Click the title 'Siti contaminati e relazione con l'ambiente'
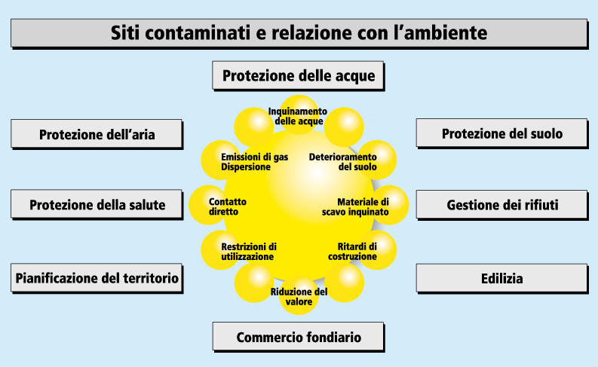[x=299, y=32]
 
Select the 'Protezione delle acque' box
[x=298, y=75]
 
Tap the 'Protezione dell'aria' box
[x=97, y=134]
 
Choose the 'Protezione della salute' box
[x=97, y=204]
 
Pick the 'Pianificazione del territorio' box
[x=97, y=278]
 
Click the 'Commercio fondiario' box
[x=298, y=337]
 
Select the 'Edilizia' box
[x=501, y=278]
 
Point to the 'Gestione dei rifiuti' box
[x=501, y=205]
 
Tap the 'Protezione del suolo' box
[x=501, y=133]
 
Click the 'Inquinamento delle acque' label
[x=298, y=116]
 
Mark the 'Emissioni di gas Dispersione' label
[x=254, y=162]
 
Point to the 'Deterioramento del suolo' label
[x=343, y=162]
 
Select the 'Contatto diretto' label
[x=227, y=206]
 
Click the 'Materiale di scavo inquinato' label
[x=355, y=206]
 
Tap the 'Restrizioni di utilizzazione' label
[x=249, y=252]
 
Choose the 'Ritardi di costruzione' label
[x=352, y=252]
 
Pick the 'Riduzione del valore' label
[x=299, y=296]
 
